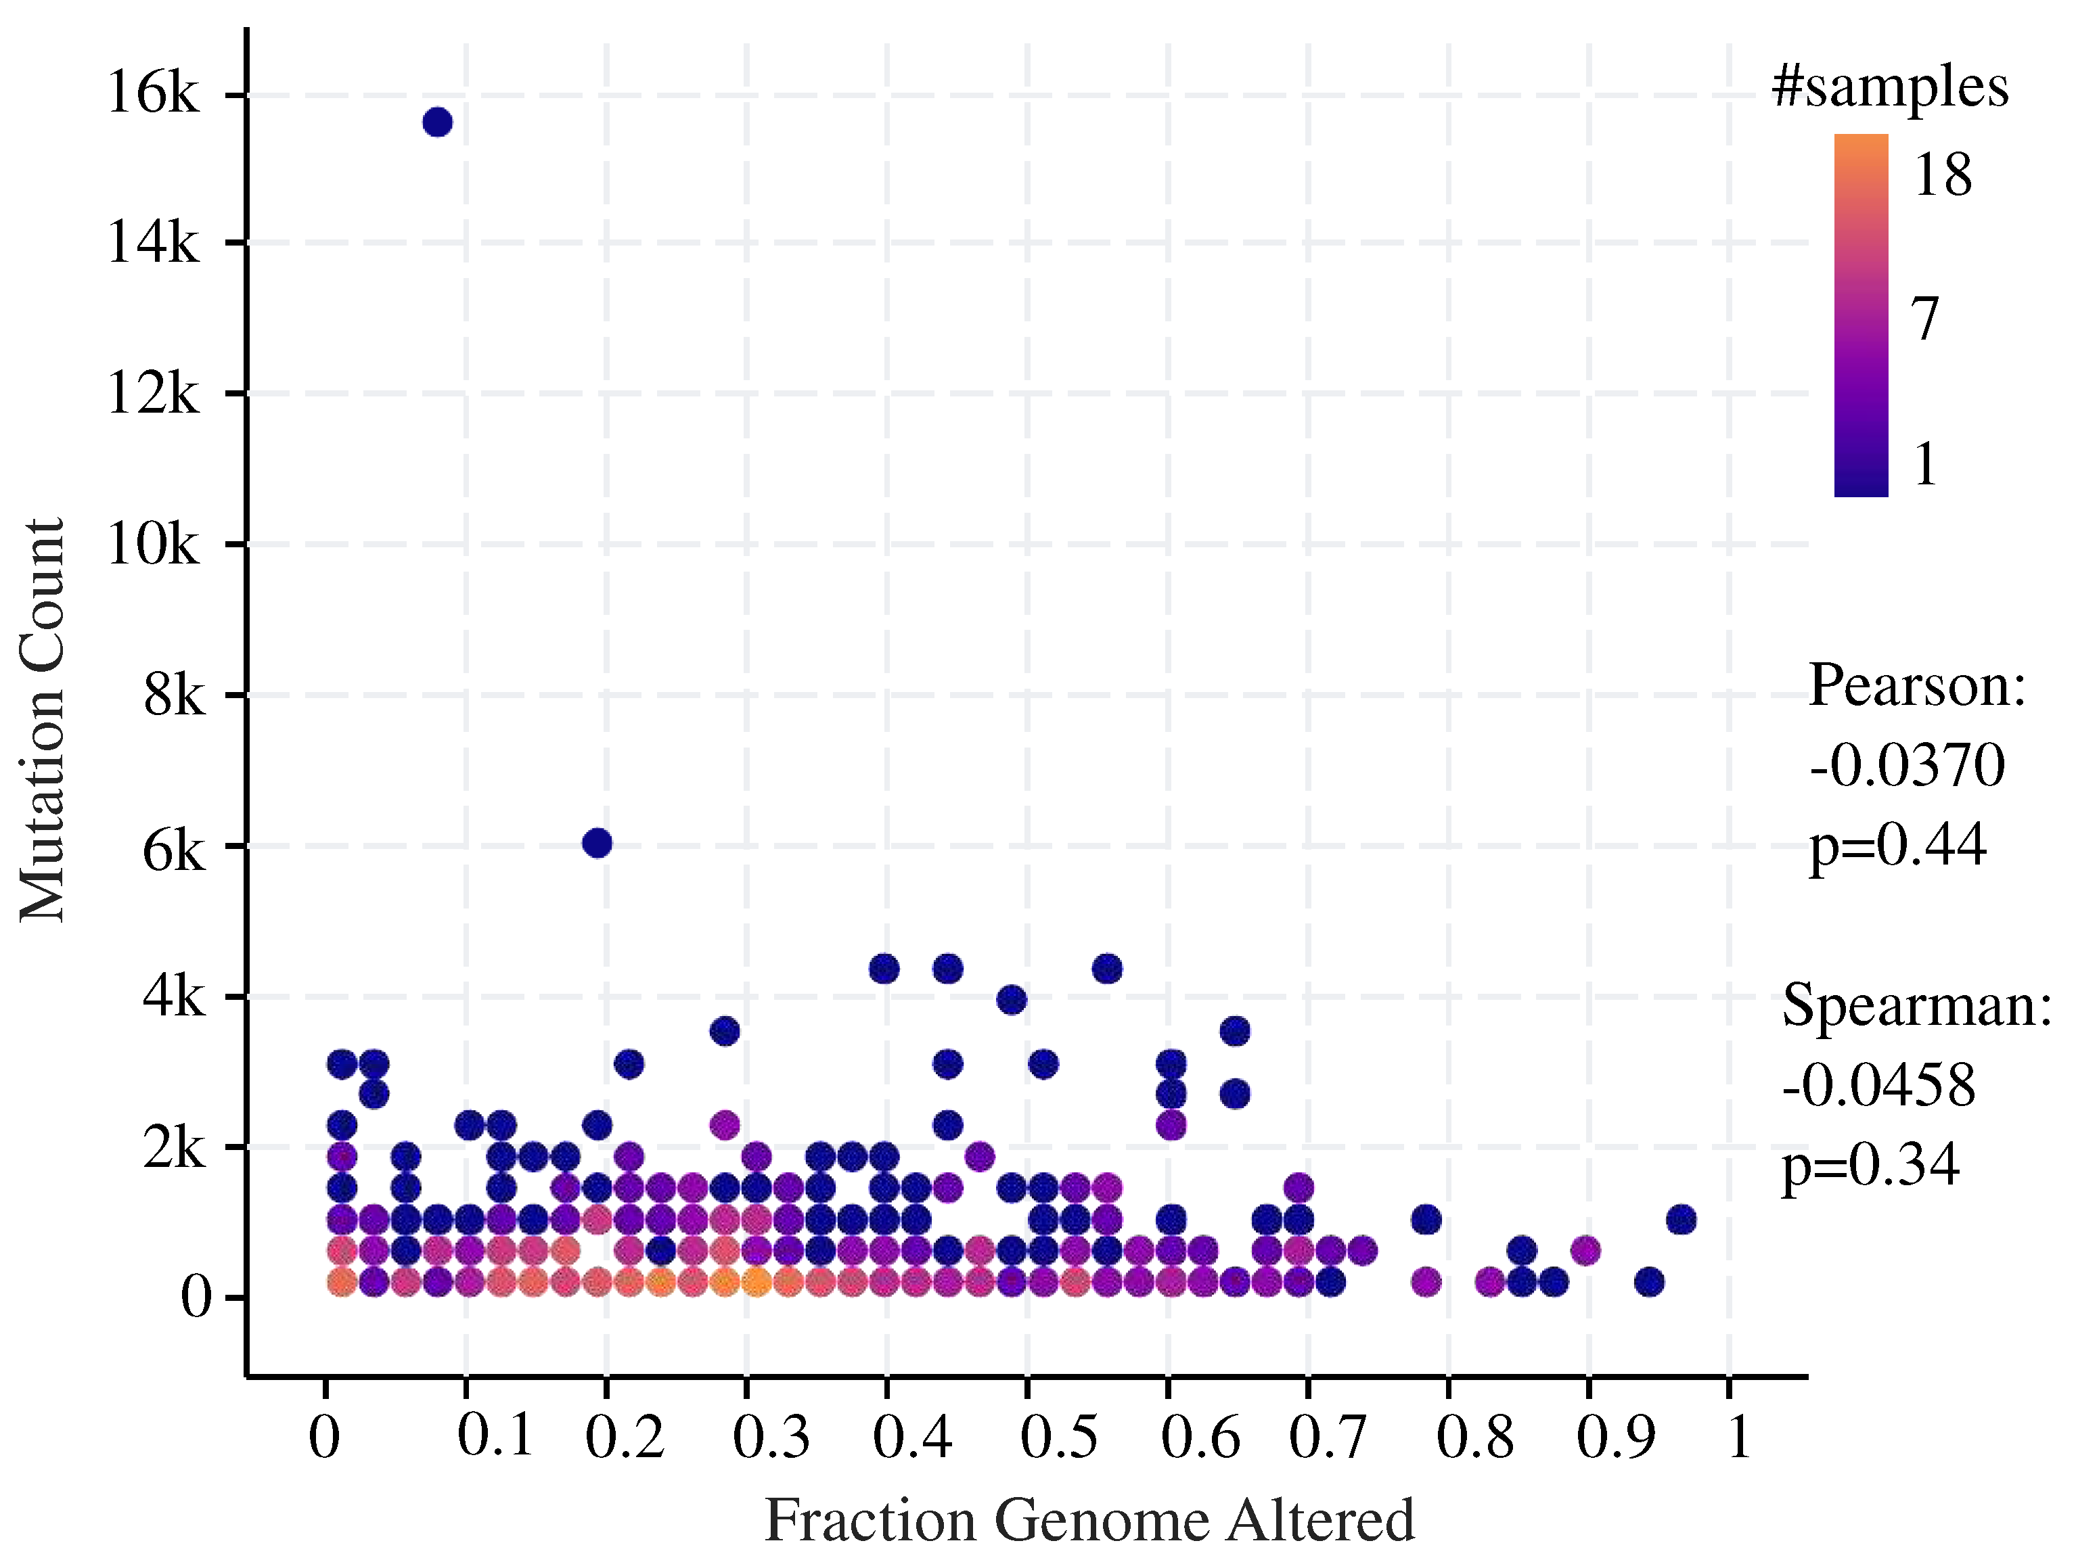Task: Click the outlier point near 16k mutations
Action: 437,123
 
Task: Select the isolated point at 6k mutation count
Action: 597,842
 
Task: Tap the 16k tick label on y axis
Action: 153,94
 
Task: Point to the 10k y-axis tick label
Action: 153,543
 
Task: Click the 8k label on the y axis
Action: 173,695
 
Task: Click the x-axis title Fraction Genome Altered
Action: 1089,1520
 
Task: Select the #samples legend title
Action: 1889,88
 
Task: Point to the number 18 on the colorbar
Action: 1942,175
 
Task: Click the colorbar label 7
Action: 1925,319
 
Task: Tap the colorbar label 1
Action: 1925,463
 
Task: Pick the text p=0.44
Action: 1897,845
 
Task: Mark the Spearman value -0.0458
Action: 1879,1086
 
